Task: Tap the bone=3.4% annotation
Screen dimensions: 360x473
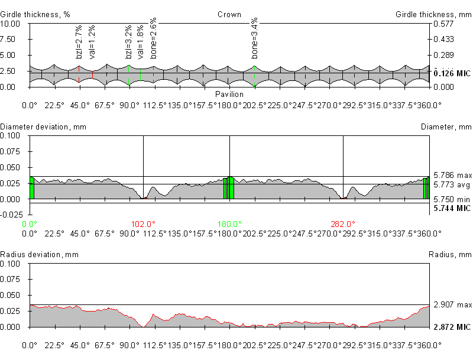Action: pyautogui.click(x=255, y=38)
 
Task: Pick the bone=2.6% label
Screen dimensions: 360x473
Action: pyautogui.click(x=154, y=38)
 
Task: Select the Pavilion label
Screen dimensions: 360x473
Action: pyautogui.click(x=229, y=95)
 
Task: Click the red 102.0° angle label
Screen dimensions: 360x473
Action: pyautogui.click(x=143, y=224)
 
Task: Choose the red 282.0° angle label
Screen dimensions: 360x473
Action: pyautogui.click(x=343, y=224)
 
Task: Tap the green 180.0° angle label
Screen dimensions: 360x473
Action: pyautogui.click(x=229, y=224)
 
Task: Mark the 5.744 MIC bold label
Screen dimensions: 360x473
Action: pyautogui.click(x=452, y=209)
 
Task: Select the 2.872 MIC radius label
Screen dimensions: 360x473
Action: pyautogui.click(x=452, y=327)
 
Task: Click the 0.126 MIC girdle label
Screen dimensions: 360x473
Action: pyautogui.click(x=452, y=73)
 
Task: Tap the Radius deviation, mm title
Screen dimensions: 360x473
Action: pyautogui.click(x=40, y=255)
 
